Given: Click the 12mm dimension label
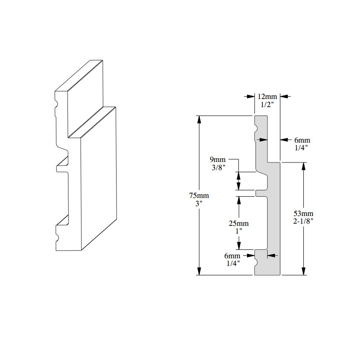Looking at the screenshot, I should [268, 96].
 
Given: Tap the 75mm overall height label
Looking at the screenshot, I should [199, 196].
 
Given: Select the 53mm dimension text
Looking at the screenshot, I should [304, 213].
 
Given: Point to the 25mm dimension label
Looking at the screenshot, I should [238, 224].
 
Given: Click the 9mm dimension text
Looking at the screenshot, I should [218, 159].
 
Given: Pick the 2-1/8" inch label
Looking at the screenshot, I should [304, 220].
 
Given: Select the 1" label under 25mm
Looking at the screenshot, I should [238, 231].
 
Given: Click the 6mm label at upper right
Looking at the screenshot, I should [299, 140].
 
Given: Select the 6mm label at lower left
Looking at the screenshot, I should [232, 256].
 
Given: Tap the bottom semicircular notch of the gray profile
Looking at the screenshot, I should [256, 259].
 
